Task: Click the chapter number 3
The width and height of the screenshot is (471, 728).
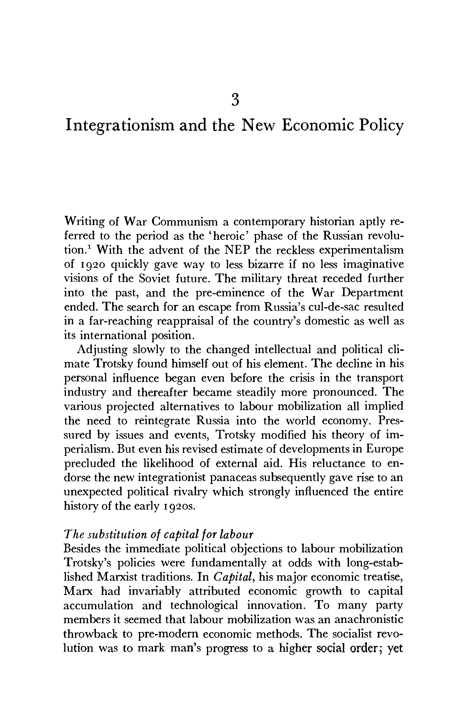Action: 235,100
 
